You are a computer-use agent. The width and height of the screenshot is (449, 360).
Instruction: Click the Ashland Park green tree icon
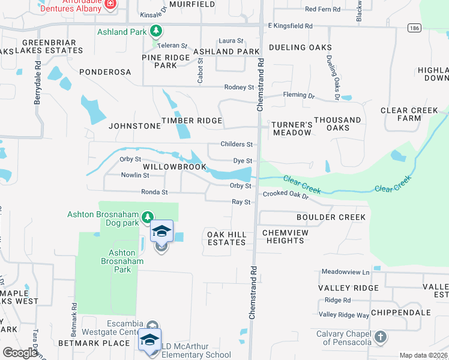pos(156,31)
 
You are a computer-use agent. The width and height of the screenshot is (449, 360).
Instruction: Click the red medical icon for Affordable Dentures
pos(110,5)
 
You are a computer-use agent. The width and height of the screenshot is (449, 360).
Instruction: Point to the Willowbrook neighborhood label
pos(175,167)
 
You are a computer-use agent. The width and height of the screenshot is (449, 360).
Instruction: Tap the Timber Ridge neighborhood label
pos(191,121)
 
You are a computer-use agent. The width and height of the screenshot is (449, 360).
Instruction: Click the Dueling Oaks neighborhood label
pos(300,47)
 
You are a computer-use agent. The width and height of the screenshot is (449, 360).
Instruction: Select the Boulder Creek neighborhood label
pos(331,217)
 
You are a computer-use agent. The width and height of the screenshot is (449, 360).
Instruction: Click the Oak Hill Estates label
pos(226,238)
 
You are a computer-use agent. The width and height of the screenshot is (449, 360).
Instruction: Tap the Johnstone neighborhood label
pos(134,126)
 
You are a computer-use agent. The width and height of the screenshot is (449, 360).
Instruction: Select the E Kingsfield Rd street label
pos(291,26)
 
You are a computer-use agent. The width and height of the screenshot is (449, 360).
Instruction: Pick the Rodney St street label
pos(239,88)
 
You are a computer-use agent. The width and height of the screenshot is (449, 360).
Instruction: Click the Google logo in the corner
pos(20,353)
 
